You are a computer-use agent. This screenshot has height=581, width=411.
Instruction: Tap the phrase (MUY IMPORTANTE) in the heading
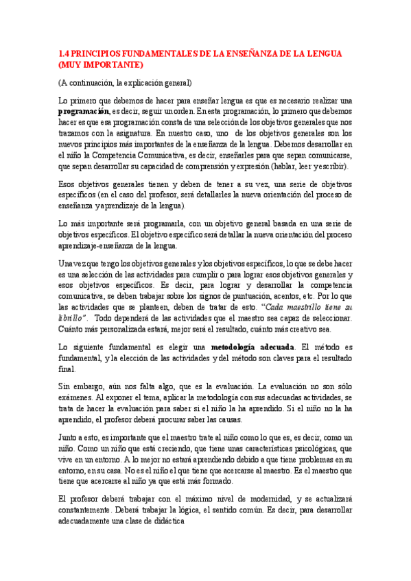[x=101, y=64]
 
